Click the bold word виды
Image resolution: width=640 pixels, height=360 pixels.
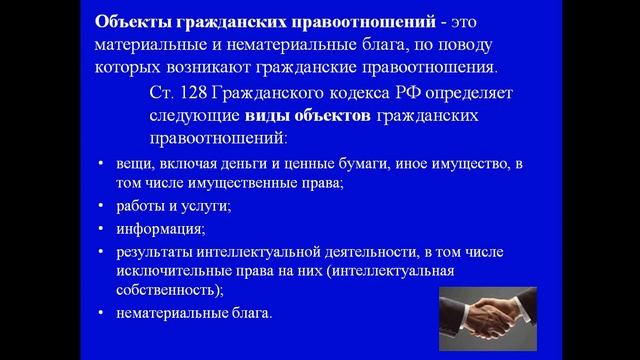(x=258, y=116)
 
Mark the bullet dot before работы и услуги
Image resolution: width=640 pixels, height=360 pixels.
(x=103, y=206)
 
